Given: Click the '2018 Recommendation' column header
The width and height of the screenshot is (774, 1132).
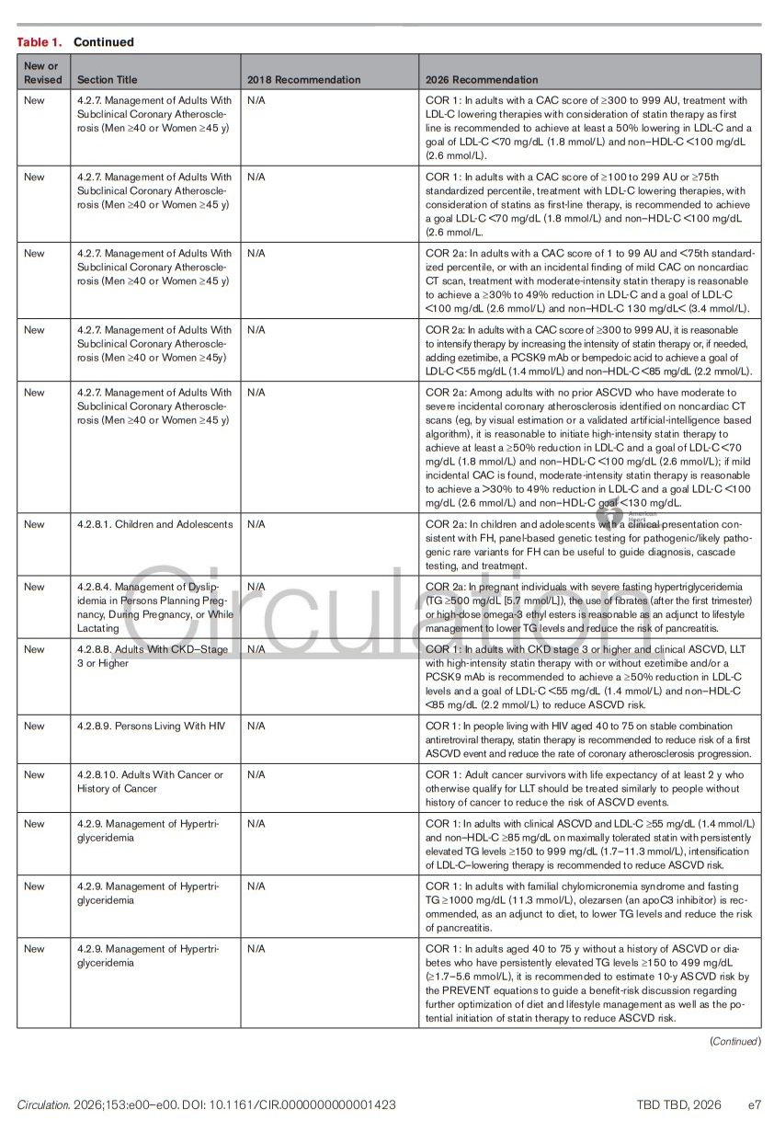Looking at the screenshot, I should tap(303, 80).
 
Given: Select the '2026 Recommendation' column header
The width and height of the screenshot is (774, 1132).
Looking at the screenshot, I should tap(482, 80).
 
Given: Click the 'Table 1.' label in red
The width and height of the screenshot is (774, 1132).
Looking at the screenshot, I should tap(40, 42).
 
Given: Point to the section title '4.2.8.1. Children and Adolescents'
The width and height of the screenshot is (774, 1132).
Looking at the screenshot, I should tap(154, 524).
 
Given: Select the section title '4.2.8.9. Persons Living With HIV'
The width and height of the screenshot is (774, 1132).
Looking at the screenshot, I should tap(151, 726).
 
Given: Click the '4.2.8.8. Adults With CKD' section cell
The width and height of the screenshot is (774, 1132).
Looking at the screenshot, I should tap(152, 656).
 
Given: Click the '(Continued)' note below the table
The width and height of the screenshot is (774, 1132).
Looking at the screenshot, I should tap(734, 1041).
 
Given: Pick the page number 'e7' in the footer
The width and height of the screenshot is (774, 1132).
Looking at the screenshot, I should tap(754, 1104).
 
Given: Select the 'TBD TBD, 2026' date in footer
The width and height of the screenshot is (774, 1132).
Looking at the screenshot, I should tap(678, 1104).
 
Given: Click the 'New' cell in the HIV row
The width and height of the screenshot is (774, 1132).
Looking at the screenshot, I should tap(34, 726).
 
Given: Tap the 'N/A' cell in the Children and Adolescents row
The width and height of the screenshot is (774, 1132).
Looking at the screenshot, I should tap(256, 524).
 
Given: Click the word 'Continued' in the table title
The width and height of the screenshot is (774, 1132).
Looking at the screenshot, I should tap(103, 42).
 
